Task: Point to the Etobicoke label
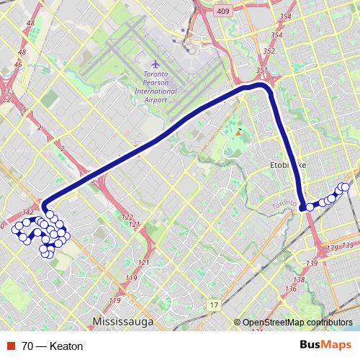pos(287,165)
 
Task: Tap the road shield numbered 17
pos(214,306)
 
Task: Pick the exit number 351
pos(261,71)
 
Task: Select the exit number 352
pos(269,51)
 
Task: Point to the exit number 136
pos(290,289)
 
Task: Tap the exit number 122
pos(128,217)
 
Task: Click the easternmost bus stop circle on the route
pos(346,187)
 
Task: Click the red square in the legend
pos(9,346)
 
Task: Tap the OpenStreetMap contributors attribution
pos(297,323)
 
